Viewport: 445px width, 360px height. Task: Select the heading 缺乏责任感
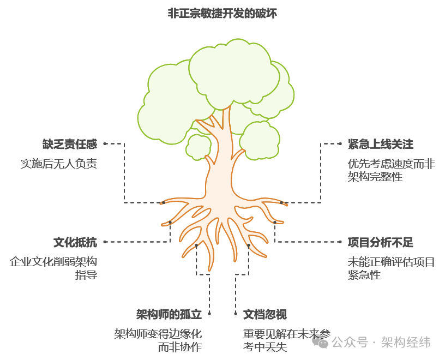click(x=70, y=144)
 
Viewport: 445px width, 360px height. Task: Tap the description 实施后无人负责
click(x=59, y=163)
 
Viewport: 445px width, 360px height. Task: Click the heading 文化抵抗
click(x=75, y=242)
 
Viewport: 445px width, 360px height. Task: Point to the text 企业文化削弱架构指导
click(x=53, y=268)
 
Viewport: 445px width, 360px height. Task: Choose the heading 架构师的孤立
click(x=169, y=314)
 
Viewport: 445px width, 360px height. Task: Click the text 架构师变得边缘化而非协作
click(x=158, y=340)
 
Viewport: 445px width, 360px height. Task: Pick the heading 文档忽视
click(x=264, y=314)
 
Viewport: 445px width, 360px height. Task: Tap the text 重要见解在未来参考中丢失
click(x=287, y=340)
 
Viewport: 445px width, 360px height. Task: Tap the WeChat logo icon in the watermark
click(x=320, y=342)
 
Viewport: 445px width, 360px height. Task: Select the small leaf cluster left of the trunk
click(x=199, y=146)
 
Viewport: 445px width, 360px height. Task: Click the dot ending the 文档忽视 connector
click(x=248, y=246)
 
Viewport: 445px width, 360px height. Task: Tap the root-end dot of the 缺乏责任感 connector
click(x=163, y=202)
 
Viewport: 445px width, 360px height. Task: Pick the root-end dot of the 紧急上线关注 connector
click(x=282, y=202)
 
